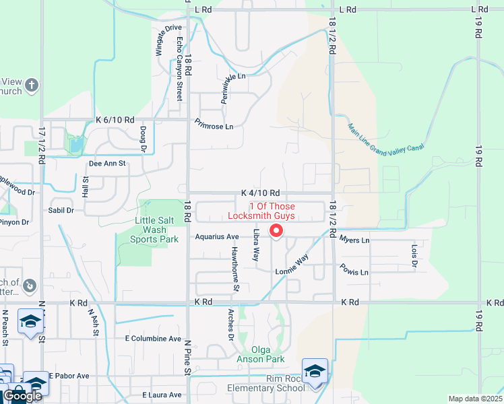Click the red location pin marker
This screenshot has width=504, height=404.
pos(276,231)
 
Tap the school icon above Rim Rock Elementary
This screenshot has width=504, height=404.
pos(315,370)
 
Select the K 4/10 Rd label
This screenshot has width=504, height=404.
pos(260,194)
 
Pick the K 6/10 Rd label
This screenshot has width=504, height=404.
pos(115,119)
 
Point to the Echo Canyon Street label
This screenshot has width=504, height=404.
pos(179,69)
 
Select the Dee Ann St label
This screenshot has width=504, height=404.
pos(108,163)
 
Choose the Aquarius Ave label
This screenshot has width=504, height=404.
pos(217,237)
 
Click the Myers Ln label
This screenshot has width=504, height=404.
pos(354,240)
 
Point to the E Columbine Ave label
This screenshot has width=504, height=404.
pos(153,338)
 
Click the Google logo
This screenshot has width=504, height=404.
pos(23,396)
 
